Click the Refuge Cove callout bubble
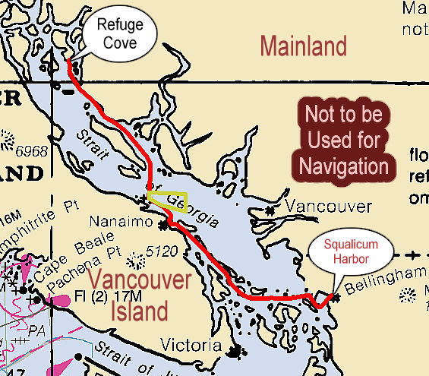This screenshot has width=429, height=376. pos(119,35)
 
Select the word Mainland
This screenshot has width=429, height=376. pos(303,46)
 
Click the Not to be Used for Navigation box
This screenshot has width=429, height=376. pos(343,140)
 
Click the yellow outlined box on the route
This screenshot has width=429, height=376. pos(167,200)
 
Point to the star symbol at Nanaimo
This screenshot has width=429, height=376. pos(162,225)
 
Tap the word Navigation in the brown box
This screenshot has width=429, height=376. pos(343,165)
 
